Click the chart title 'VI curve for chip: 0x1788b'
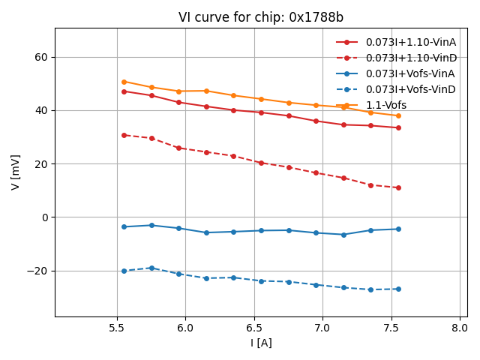[261, 17]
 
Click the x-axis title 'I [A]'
[261, 343]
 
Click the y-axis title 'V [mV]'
[16, 172]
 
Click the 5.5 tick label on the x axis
[117, 328]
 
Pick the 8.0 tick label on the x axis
[460, 328]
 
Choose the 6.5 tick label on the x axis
[254, 328]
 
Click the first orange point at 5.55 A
[124, 82]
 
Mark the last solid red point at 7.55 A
[398, 127]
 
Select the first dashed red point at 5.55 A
[124, 135]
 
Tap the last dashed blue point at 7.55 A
[398, 289]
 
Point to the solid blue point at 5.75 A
[151, 225]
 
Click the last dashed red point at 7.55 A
[398, 187]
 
